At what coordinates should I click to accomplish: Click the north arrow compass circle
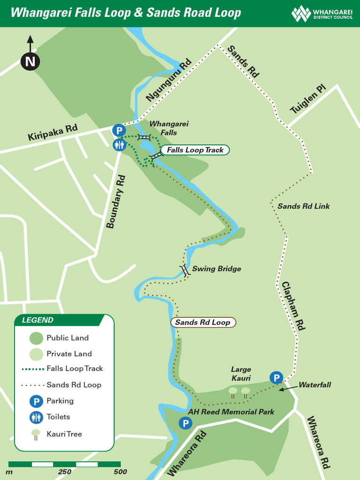pyautogui.click(x=30, y=61)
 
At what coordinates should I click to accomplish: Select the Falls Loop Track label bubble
pyautogui.click(x=195, y=150)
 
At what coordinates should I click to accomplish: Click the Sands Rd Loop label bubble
pyautogui.click(x=202, y=322)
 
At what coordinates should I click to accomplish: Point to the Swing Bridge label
pyautogui.click(x=216, y=269)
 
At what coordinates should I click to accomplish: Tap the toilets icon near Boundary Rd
pyautogui.click(x=119, y=145)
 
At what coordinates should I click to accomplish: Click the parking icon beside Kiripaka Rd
pyautogui.click(x=119, y=130)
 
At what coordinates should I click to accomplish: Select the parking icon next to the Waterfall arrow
pyautogui.click(x=277, y=377)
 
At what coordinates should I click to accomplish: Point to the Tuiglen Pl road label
pyautogui.click(x=307, y=100)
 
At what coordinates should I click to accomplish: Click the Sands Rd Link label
pyautogui.click(x=303, y=206)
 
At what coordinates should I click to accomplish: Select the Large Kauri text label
pyautogui.click(x=241, y=374)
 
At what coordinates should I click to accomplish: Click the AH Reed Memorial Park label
pyautogui.click(x=231, y=412)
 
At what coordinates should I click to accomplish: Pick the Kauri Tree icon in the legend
pyautogui.click(x=36, y=435)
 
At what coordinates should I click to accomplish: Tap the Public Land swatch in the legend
pyautogui.click(x=36, y=338)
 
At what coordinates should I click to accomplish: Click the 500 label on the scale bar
pyautogui.click(x=120, y=472)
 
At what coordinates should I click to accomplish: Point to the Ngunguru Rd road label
pyautogui.click(x=169, y=80)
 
